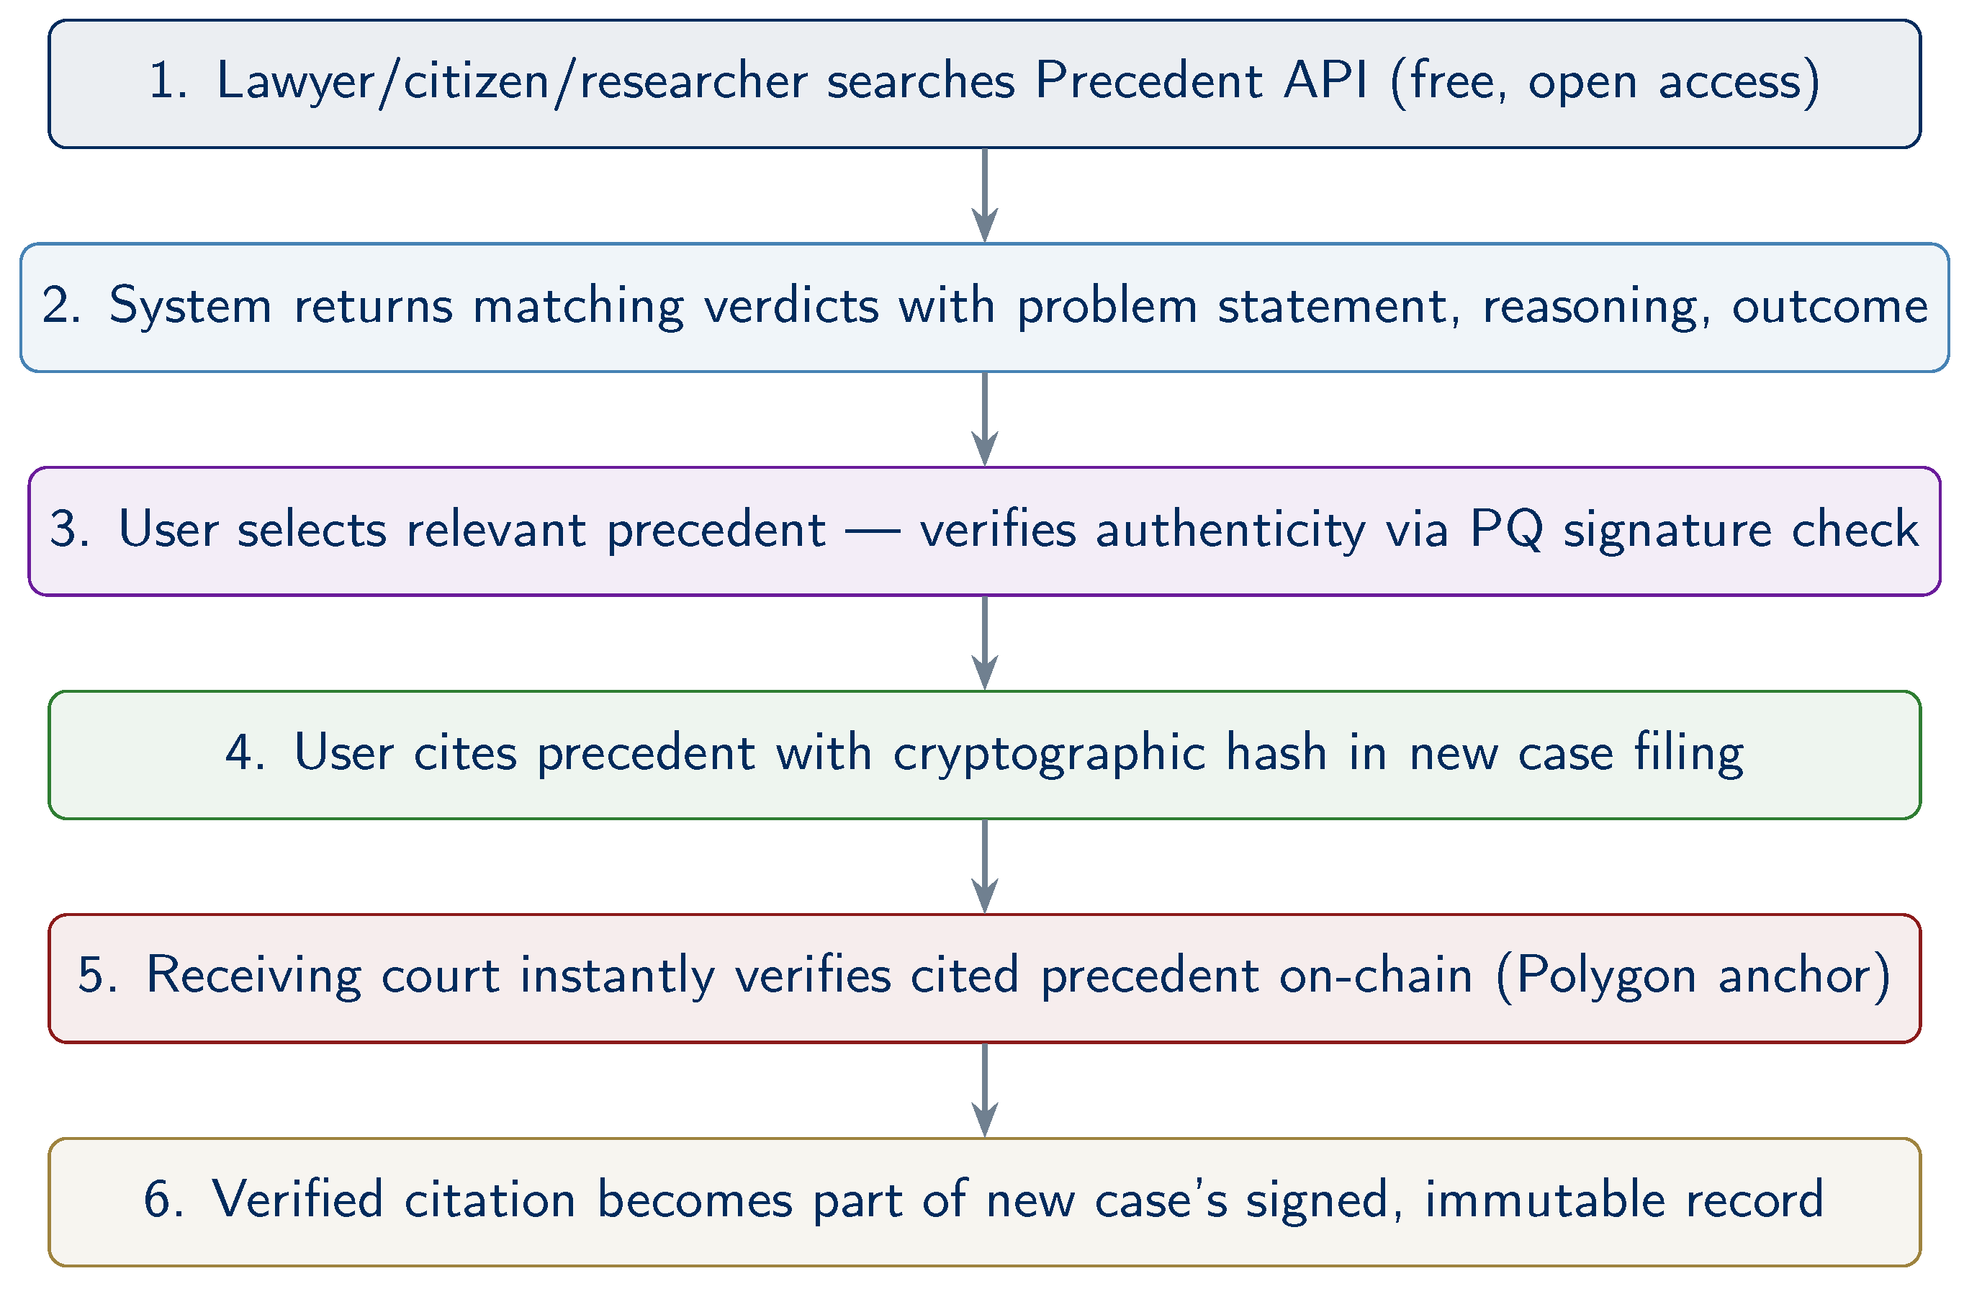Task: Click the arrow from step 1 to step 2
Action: pyautogui.click(x=984, y=196)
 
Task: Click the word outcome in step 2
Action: pyautogui.click(x=1829, y=306)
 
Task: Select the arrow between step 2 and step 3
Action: pyautogui.click(x=984, y=419)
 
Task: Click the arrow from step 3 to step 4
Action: pyautogui.click(x=984, y=643)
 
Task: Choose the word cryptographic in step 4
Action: pyautogui.click(x=1049, y=754)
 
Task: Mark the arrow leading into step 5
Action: pyautogui.click(x=984, y=866)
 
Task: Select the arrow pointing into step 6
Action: pyautogui.click(x=984, y=1090)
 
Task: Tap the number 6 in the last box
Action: pyautogui.click(x=157, y=1200)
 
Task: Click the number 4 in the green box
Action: pyautogui.click(x=238, y=753)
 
